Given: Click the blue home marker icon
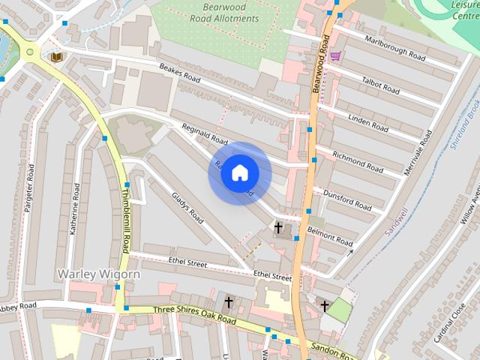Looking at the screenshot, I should coord(239,172).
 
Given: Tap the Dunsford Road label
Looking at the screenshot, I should coord(346,200).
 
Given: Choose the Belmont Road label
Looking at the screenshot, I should coord(329,236).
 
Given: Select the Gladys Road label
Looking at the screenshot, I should coord(187,207).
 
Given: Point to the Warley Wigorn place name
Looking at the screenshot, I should coord(98,274).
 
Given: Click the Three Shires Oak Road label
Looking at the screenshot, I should coord(194,315).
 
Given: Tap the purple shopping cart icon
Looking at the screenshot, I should coord(335,56).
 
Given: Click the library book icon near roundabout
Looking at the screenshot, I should coord(56,56).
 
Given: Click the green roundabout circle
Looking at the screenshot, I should coord(30,52).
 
